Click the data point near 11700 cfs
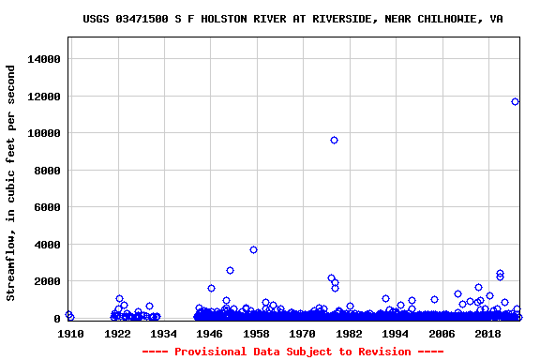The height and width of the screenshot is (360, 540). tap(515, 102)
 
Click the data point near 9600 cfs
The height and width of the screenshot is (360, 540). tap(334, 141)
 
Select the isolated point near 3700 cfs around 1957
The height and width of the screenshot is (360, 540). tap(253, 250)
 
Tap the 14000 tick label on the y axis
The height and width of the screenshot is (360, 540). tap(42, 59)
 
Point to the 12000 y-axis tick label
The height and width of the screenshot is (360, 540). tap(42, 97)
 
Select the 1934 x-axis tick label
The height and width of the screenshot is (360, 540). tap(163, 334)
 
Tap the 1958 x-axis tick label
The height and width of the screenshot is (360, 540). tap(256, 334)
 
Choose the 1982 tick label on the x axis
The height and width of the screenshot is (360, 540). tap(349, 334)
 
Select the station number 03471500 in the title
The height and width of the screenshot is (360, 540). tap(143, 19)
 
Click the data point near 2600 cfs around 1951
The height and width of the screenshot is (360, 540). tap(230, 271)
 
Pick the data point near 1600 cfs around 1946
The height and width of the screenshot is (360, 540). tap(211, 289)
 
